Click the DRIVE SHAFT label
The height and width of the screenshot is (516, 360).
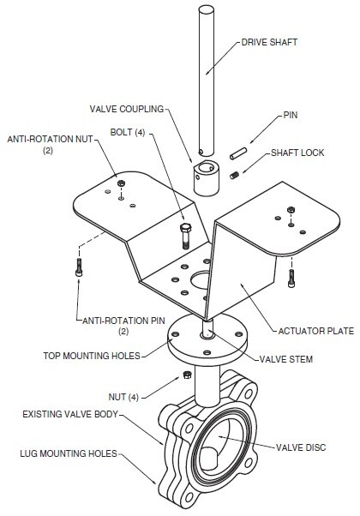pyautogui.click(x=269, y=43)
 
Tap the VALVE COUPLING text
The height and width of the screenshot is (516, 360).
pyautogui.click(x=127, y=109)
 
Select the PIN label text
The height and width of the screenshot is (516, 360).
pyautogui.click(x=291, y=115)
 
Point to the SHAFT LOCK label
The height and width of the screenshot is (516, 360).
pyautogui.click(x=297, y=153)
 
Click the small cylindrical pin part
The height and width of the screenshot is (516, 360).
pyautogui.click(x=238, y=153)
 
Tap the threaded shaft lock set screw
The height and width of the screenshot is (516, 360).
pyautogui.click(x=235, y=176)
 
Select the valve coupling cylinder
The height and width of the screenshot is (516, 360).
pyautogui.click(x=206, y=177)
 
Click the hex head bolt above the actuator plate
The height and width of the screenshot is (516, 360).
pyautogui.click(x=186, y=236)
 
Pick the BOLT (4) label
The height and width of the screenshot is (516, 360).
pyautogui.click(x=128, y=132)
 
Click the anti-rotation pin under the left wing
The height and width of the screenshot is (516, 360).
pyautogui.click(x=79, y=267)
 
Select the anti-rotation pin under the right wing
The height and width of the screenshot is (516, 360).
pyautogui.click(x=291, y=279)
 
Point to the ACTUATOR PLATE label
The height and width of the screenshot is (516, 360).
pyautogui.click(x=316, y=331)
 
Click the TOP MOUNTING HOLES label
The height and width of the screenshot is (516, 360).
pyautogui.click(x=92, y=356)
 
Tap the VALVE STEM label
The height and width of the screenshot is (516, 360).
pyautogui.click(x=286, y=359)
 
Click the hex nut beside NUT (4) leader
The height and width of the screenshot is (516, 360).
pyautogui.click(x=187, y=375)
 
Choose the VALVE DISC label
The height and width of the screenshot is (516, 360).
pyautogui.click(x=301, y=447)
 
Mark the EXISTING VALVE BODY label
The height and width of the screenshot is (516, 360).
pyautogui.click(x=70, y=414)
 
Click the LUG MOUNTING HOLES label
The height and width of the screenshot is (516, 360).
pyautogui.click(x=69, y=453)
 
